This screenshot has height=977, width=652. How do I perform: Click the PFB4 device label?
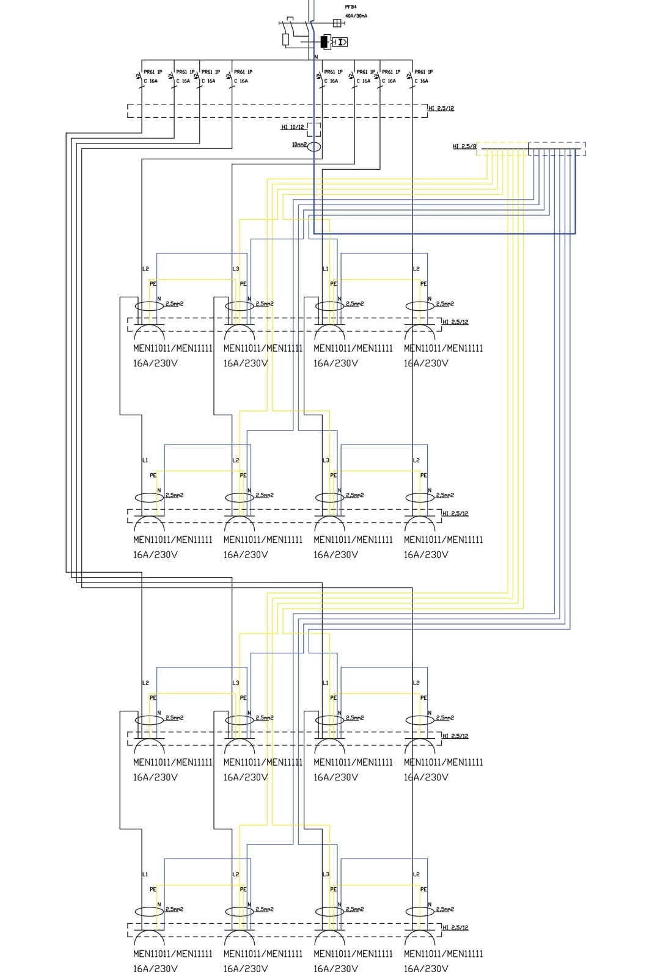(351, 7)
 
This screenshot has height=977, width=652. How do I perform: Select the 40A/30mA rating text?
(356, 16)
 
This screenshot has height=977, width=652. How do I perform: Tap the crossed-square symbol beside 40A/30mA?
(337, 23)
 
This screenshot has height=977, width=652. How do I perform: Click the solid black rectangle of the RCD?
(324, 42)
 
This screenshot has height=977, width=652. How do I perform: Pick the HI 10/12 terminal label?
(292, 127)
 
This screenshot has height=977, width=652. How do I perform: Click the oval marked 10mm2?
(313, 147)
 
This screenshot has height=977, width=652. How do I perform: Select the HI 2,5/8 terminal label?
(464, 147)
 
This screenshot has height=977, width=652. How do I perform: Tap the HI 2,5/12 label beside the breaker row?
(441, 109)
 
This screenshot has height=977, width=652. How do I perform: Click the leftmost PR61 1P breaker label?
(153, 72)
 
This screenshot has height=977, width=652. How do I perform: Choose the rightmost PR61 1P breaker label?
(423, 72)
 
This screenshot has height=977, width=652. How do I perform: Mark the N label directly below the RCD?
(316, 57)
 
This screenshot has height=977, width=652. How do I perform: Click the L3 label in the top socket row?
(236, 269)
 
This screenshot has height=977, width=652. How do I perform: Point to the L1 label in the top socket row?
(326, 269)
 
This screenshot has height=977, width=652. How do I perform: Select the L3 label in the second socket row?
(326, 460)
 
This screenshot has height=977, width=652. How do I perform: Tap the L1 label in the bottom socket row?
(145, 874)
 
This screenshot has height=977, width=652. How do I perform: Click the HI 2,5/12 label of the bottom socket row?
(455, 928)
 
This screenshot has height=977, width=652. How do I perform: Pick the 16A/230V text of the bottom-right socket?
(426, 968)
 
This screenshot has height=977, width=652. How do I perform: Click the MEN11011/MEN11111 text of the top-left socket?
(173, 349)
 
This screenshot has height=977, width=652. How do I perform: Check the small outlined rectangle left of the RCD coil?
(286, 40)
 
